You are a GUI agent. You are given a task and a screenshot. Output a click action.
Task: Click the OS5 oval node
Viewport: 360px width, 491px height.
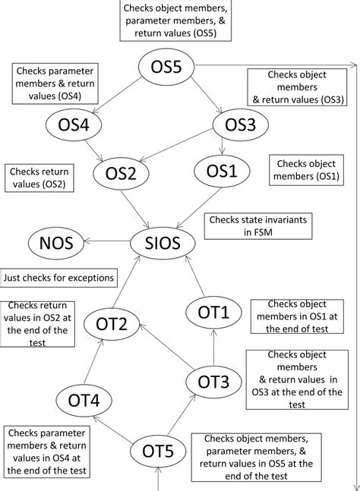pos(166,68)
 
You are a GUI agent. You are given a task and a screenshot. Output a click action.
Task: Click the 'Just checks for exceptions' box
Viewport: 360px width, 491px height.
pos(59,278)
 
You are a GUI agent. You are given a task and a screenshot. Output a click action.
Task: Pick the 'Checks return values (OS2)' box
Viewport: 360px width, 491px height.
pos(38,178)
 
